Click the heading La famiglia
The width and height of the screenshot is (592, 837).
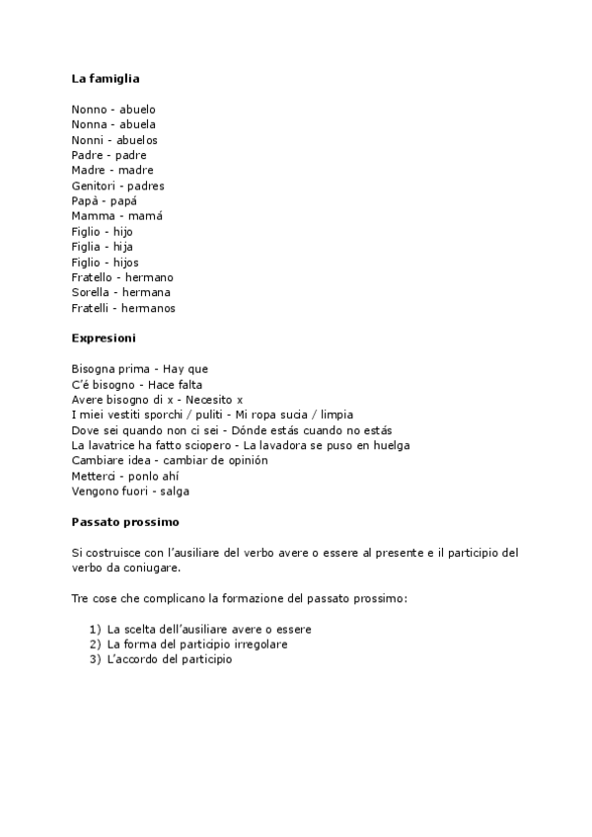[106, 78]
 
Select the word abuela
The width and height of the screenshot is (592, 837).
[137, 124]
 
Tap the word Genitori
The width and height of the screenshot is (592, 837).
[93, 186]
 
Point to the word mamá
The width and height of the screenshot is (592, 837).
[145, 216]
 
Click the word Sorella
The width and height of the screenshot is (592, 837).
[91, 293]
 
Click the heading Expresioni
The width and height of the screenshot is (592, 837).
[104, 339]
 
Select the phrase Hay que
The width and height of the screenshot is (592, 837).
[185, 369]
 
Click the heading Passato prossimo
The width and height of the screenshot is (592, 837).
[124, 522]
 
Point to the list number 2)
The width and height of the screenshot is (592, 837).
[95, 645]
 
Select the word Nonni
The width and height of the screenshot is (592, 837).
[88, 140]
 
